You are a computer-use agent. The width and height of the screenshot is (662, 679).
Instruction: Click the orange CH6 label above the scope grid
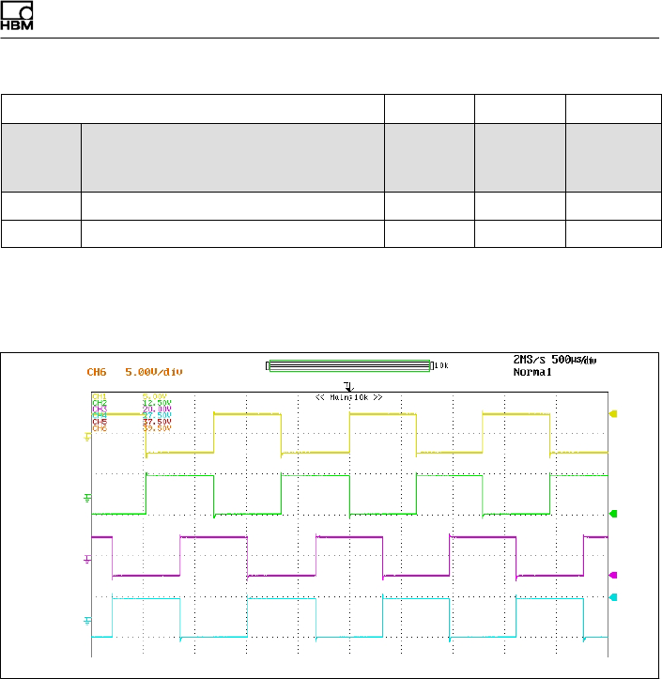[x=97, y=372]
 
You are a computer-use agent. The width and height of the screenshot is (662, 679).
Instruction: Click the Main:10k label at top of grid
[x=349, y=397]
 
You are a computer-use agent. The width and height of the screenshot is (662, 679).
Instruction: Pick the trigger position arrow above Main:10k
[x=349, y=386]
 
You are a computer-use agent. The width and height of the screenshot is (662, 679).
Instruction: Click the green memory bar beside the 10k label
[x=348, y=366]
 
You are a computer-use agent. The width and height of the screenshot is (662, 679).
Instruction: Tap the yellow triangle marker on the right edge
[x=614, y=413]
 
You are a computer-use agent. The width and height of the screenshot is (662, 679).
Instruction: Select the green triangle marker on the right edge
[x=614, y=514]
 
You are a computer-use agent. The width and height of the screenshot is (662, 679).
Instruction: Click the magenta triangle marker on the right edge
[x=614, y=575]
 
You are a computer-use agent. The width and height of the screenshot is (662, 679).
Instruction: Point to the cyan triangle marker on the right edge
[x=614, y=597]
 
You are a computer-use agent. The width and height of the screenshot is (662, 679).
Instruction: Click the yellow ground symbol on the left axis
[x=88, y=436]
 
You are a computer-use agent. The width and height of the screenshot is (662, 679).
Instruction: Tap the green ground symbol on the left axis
[x=88, y=497]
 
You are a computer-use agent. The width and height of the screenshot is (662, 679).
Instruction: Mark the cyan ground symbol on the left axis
[x=88, y=620]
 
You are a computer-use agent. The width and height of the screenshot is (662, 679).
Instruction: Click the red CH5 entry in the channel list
[x=100, y=422]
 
